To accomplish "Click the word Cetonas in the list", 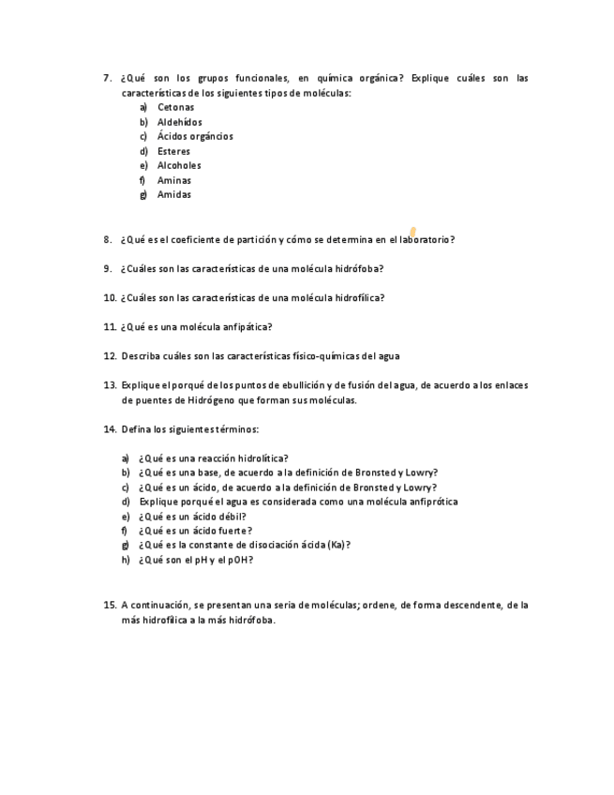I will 175,107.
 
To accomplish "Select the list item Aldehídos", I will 179,122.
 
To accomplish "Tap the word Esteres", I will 173,151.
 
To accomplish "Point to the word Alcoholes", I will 179,165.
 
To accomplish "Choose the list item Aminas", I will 173,180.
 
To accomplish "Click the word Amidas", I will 173,194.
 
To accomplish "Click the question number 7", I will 108,78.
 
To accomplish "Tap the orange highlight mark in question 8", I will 413,232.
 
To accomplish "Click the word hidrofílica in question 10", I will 360,297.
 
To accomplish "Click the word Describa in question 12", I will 140,356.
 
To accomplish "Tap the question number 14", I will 109,428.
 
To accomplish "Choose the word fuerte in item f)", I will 232,531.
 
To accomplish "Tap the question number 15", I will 109,605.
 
